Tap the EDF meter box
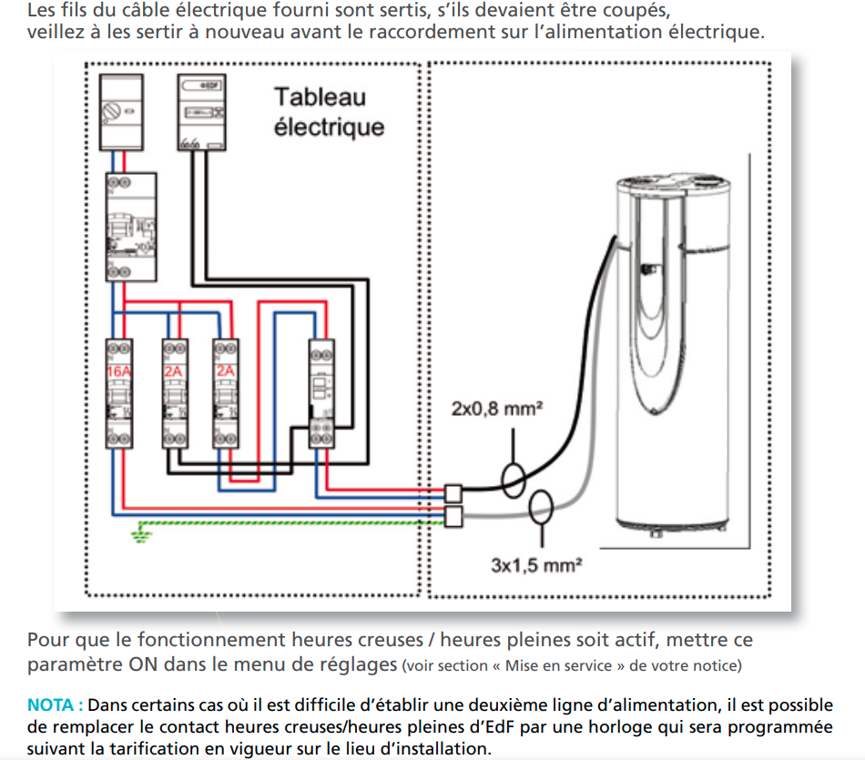coord(201,112)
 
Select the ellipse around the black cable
coord(514,479)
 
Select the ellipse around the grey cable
coord(542,505)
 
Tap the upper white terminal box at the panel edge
coord(453,493)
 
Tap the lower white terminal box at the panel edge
coord(453,516)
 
